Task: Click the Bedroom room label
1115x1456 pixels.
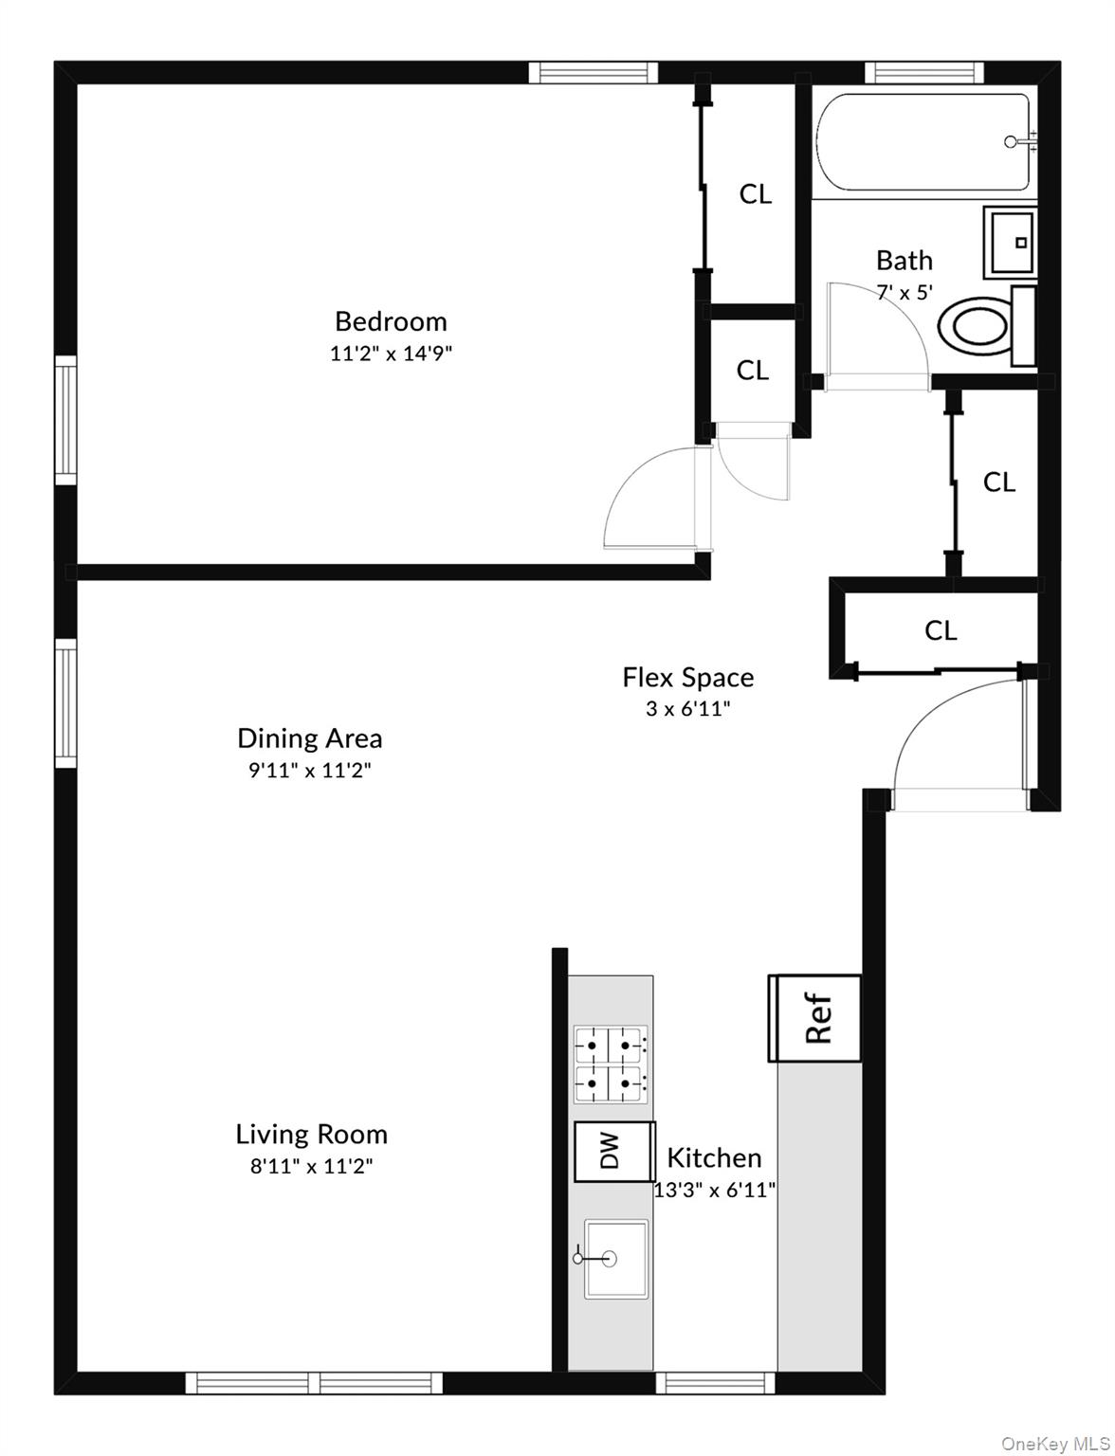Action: pos(391,320)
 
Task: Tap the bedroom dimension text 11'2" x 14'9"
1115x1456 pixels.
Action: pos(391,354)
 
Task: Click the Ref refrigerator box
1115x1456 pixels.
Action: pos(816,1018)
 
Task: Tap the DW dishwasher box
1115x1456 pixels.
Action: pos(612,1151)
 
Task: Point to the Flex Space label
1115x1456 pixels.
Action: pos(687,677)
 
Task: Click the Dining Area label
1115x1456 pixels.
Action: pos(309,737)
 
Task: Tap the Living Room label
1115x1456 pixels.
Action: pos(311,1134)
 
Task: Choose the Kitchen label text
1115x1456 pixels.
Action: pos(714,1157)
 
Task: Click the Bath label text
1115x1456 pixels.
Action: pos(904,260)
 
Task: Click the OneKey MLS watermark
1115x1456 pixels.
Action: pos(1049,1443)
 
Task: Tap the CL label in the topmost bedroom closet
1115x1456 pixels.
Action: pos(755,193)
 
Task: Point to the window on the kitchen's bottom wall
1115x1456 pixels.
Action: pos(715,1382)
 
